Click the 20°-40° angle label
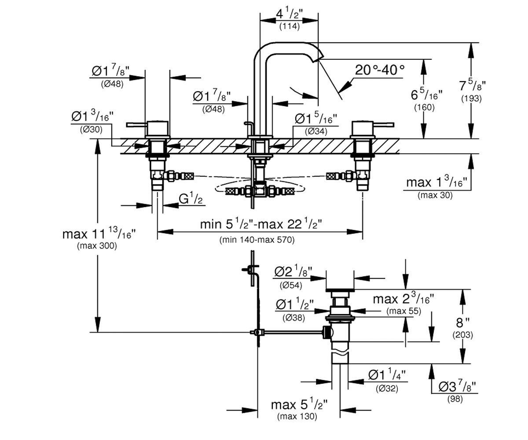tap(380, 70)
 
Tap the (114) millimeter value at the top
tap(289, 26)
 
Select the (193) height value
tap(471, 99)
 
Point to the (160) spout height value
tap(424, 107)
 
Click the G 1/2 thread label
tap(191, 198)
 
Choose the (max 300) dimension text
tap(97, 246)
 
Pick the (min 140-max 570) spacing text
tap(257, 240)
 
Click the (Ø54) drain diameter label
tap(291, 286)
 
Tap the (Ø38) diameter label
tap(293, 318)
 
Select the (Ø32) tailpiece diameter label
tap(387, 389)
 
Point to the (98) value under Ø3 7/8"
tap(455, 399)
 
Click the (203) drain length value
tap(462, 335)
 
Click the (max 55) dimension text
tap(403, 311)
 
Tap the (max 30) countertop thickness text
tap(435, 195)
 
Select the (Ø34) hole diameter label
tap(316, 132)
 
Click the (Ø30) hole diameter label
tap(91, 130)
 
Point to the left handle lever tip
tap(127, 125)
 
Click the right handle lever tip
tap(393, 125)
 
